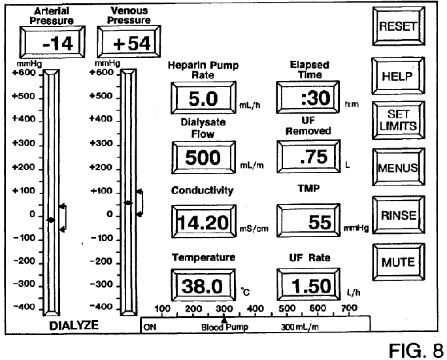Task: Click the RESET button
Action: coord(399,26)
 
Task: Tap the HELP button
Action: coord(398,76)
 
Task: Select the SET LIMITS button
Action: coord(398,120)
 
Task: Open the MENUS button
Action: coord(398,167)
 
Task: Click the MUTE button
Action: coord(398,262)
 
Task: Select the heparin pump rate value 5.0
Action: coord(203,98)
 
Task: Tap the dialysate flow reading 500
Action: coord(203,157)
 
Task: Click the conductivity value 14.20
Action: coord(203,221)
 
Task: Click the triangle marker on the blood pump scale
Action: coord(224,319)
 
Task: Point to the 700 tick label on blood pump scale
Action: coord(349,308)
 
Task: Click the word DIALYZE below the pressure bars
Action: coord(74,325)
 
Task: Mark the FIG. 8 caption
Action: coord(416,350)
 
